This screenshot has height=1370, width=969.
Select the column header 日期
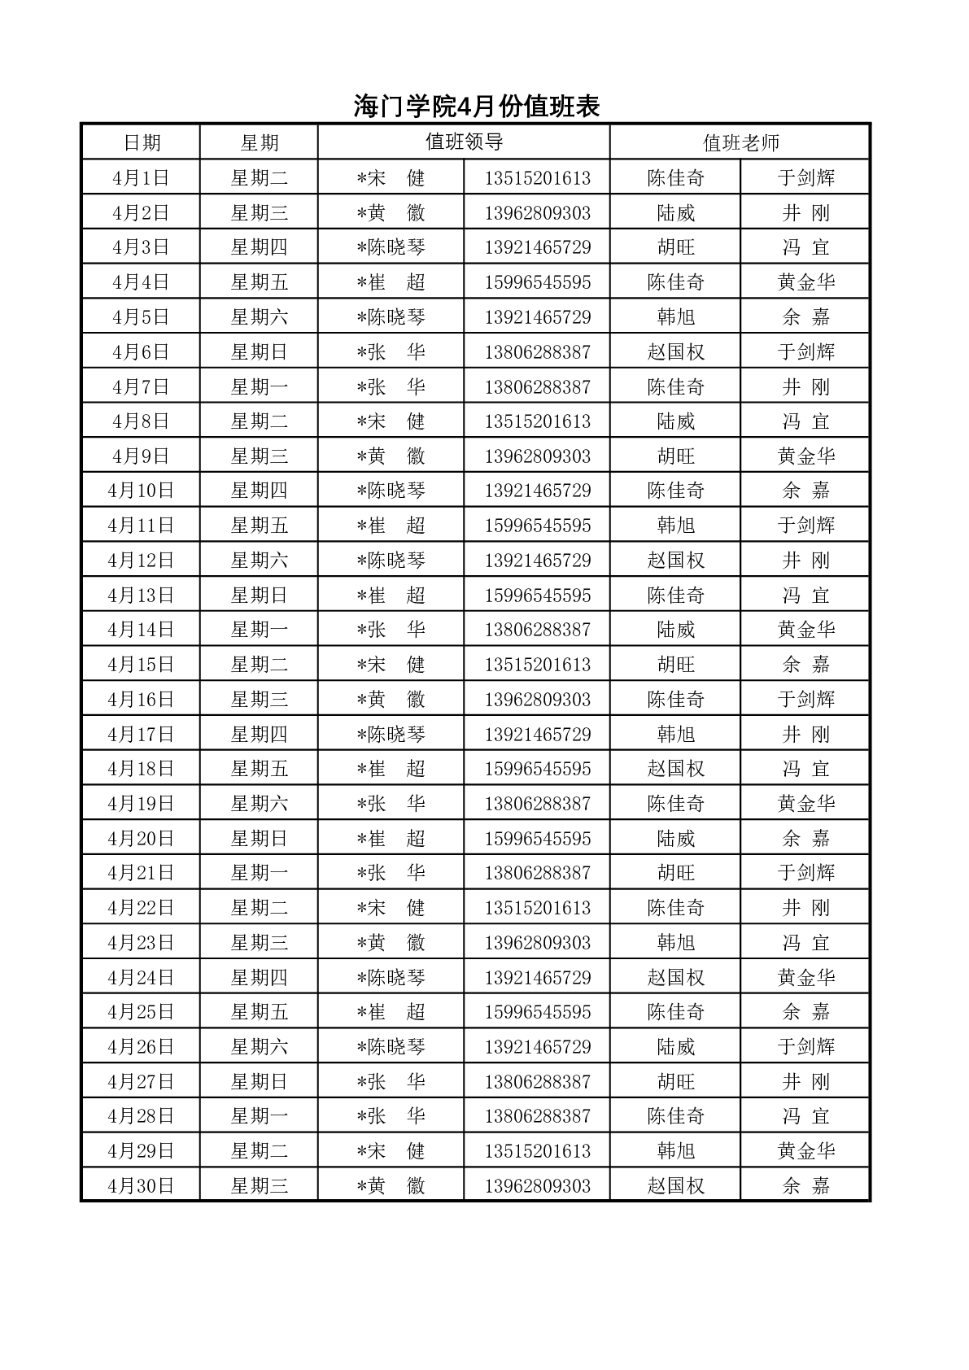(142, 143)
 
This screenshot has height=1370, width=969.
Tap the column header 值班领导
(464, 142)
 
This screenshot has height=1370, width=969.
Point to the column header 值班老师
(740, 143)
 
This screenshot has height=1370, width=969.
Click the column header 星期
(260, 143)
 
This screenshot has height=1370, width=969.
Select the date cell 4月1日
(142, 178)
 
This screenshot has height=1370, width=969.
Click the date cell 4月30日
(142, 1186)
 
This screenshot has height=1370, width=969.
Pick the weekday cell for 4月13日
(260, 596)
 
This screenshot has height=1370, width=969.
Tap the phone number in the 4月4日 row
(537, 282)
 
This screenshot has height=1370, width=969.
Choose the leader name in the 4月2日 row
(391, 213)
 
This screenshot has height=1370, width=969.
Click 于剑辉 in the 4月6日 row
(805, 352)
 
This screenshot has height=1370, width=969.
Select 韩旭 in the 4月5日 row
(675, 317)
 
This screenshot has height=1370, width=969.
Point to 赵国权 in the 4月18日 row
(675, 769)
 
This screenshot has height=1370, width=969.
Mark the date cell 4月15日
(142, 665)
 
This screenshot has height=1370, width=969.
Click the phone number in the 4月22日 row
(537, 908)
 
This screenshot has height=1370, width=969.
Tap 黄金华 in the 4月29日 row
(805, 1151)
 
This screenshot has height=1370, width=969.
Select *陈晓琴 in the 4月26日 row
(391, 1047)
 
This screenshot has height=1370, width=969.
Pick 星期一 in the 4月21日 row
(260, 873)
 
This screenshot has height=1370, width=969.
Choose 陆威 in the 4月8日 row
(675, 421)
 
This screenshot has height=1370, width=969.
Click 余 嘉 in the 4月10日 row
(805, 491)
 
